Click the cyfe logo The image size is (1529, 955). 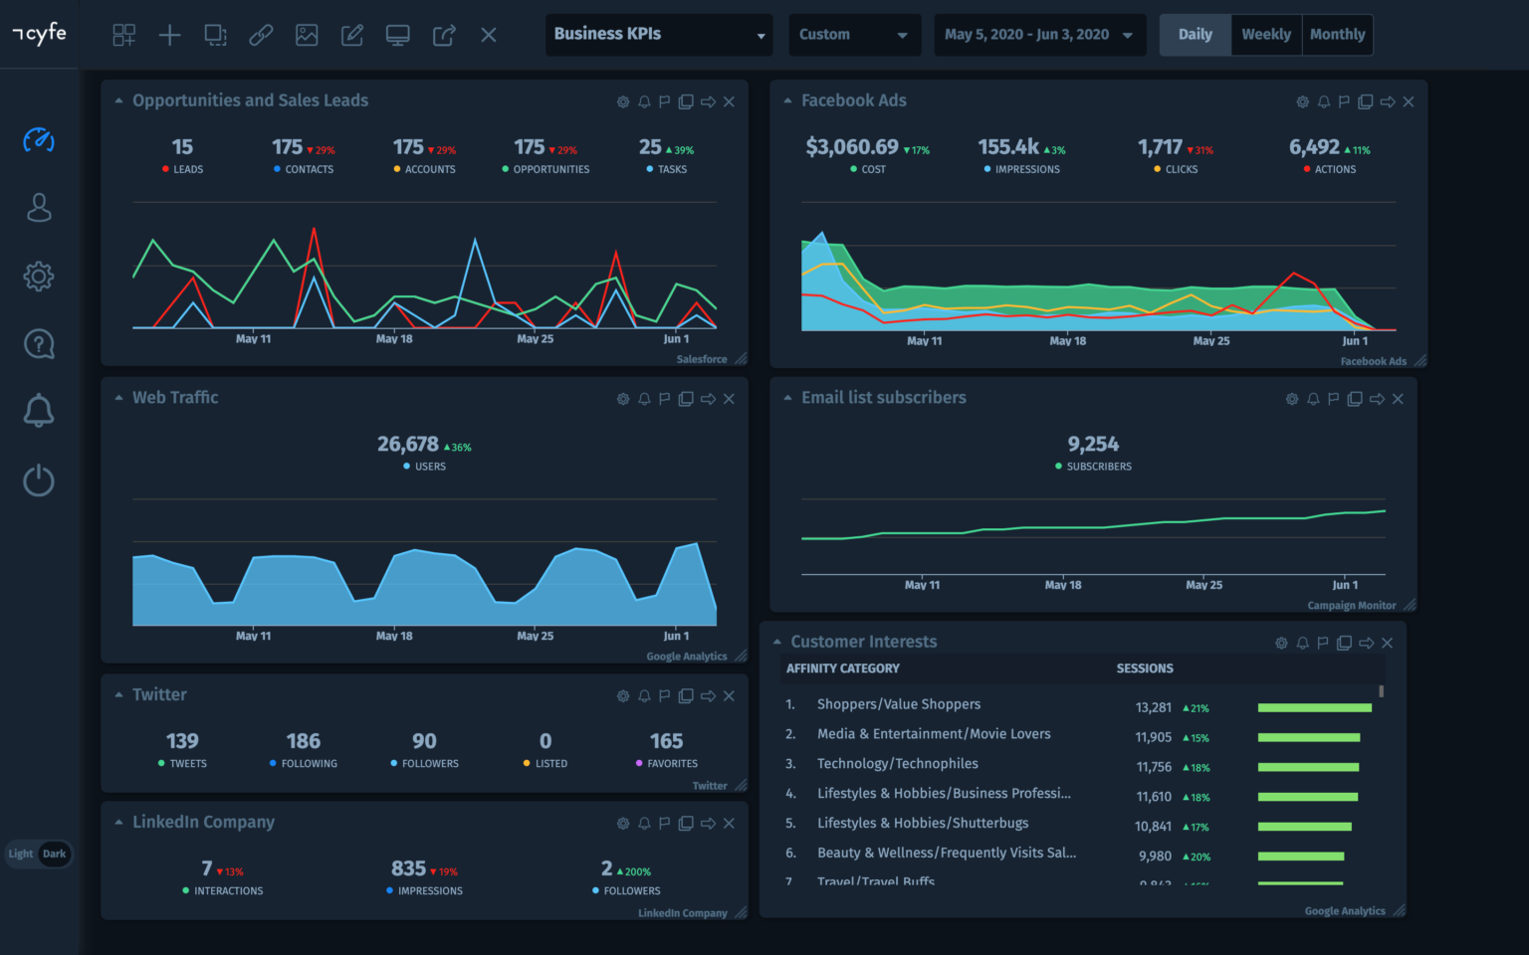pyautogui.click(x=40, y=34)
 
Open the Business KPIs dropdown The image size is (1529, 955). pyautogui.click(x=658, y=35)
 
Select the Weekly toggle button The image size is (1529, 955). pyautogui.click(x=1265, y=35)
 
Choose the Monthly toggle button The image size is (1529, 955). pyautogui.click(x=1337, y=35)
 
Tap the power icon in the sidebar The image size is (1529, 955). pyautogui.click(x=39, y=480)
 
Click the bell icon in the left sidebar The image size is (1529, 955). pyautogui.click(x=39, y=410)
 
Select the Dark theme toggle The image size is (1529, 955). pyautogui.click(x=55, y=854)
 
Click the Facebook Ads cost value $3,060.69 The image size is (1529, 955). pyautogui.click(x=851, y=147)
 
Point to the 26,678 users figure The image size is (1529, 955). pyautogui.click(x=407, y=445)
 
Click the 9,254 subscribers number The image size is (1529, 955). pyautogui.click(x=1093, y=445)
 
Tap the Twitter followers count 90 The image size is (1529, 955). pyautogui.click(x=424, y=741)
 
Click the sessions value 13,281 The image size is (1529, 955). pyautogui.click(x=1153, y=707)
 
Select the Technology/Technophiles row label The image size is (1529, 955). pyautogui.click(x=897, y=764)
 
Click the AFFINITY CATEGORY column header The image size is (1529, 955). pyautogui.click(x=842, y=668)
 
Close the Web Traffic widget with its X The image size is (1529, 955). pyautogui.click(x=729, y=399)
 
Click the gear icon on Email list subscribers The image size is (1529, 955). pyautogui.click(x=1292, y=399)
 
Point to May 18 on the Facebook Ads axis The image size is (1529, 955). pyautogui.click(x=1067, y=341)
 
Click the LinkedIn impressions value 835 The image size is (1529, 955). pyautogui.click(x=408, y=868)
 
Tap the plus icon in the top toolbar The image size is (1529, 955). pyautogui.click(x=169, y=36)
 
